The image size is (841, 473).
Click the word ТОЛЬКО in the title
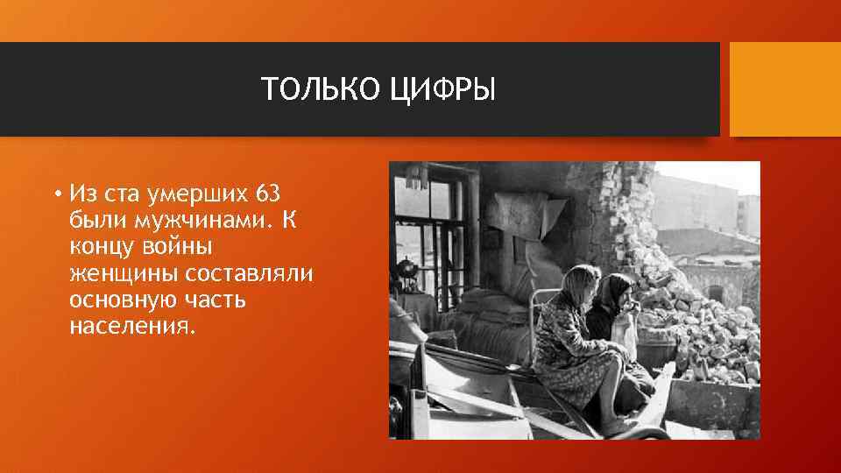pos(302,89)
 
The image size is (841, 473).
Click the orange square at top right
pos(785,89)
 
